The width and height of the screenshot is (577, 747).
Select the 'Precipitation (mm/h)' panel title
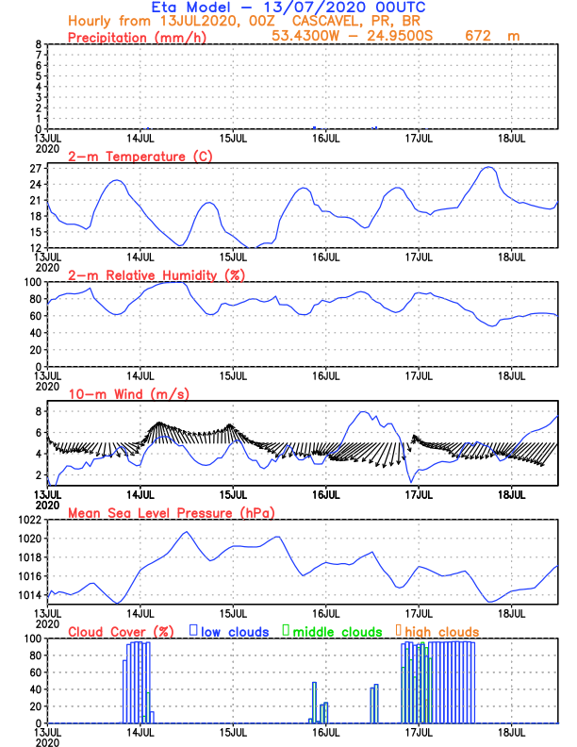tap(137, 37)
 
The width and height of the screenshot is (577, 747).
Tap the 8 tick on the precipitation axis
tap(37, 44)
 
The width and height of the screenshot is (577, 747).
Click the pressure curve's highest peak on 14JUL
tap(186, 531)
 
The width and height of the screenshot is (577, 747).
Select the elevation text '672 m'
tap(488, 37)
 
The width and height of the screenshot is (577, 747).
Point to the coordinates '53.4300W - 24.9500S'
tap(358, 37)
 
